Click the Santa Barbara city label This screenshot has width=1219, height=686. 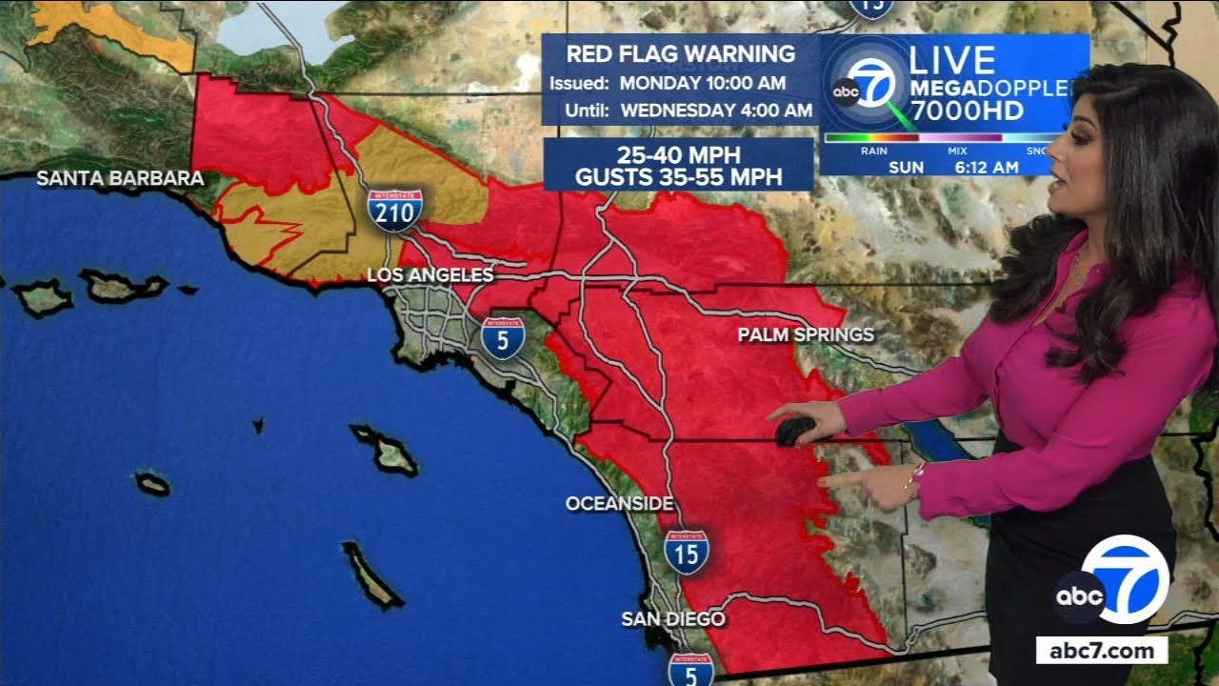[x=120, y=178]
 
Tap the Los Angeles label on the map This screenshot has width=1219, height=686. [x=430, y=275]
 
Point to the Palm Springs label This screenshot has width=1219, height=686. [x=806, y=334]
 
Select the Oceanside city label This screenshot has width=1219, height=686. [x=619, y=503]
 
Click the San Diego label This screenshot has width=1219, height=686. [x=673, y=618]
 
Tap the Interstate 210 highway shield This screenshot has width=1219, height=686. [x=394, y=211]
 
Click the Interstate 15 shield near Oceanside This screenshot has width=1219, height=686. [x=687, y=552]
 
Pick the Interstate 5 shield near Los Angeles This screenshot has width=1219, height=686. [x=502, y=337]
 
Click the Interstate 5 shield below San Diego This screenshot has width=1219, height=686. [x=690, y=670]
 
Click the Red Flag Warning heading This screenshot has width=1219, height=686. [x=681, y=54]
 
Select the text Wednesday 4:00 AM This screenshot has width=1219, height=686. [x=716, y=110]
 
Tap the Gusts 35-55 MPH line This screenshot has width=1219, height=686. [x=678, y=176]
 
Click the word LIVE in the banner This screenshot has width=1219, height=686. [x=951, y=60]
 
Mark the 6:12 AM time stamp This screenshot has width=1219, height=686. [x=987, y=168]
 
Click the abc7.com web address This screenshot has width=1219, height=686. [x=1102, y=651]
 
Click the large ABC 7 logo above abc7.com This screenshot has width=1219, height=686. [x=1112, y=581]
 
